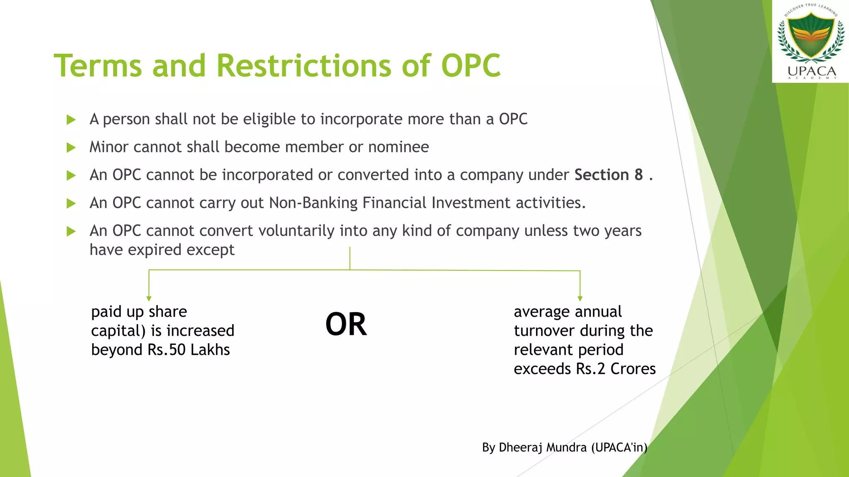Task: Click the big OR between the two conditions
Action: (x=346, y=324)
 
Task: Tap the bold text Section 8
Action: (x=608, y=175)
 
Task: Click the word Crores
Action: (x=633, y=369)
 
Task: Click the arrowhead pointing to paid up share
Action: (x=149, y=298)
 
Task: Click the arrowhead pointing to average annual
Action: (x=580, y=298)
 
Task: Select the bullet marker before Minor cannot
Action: (x=71, y=147)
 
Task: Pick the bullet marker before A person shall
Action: (x=71, y=120)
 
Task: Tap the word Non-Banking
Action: (x=313, y=203)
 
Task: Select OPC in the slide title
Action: (x=471, y=66)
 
